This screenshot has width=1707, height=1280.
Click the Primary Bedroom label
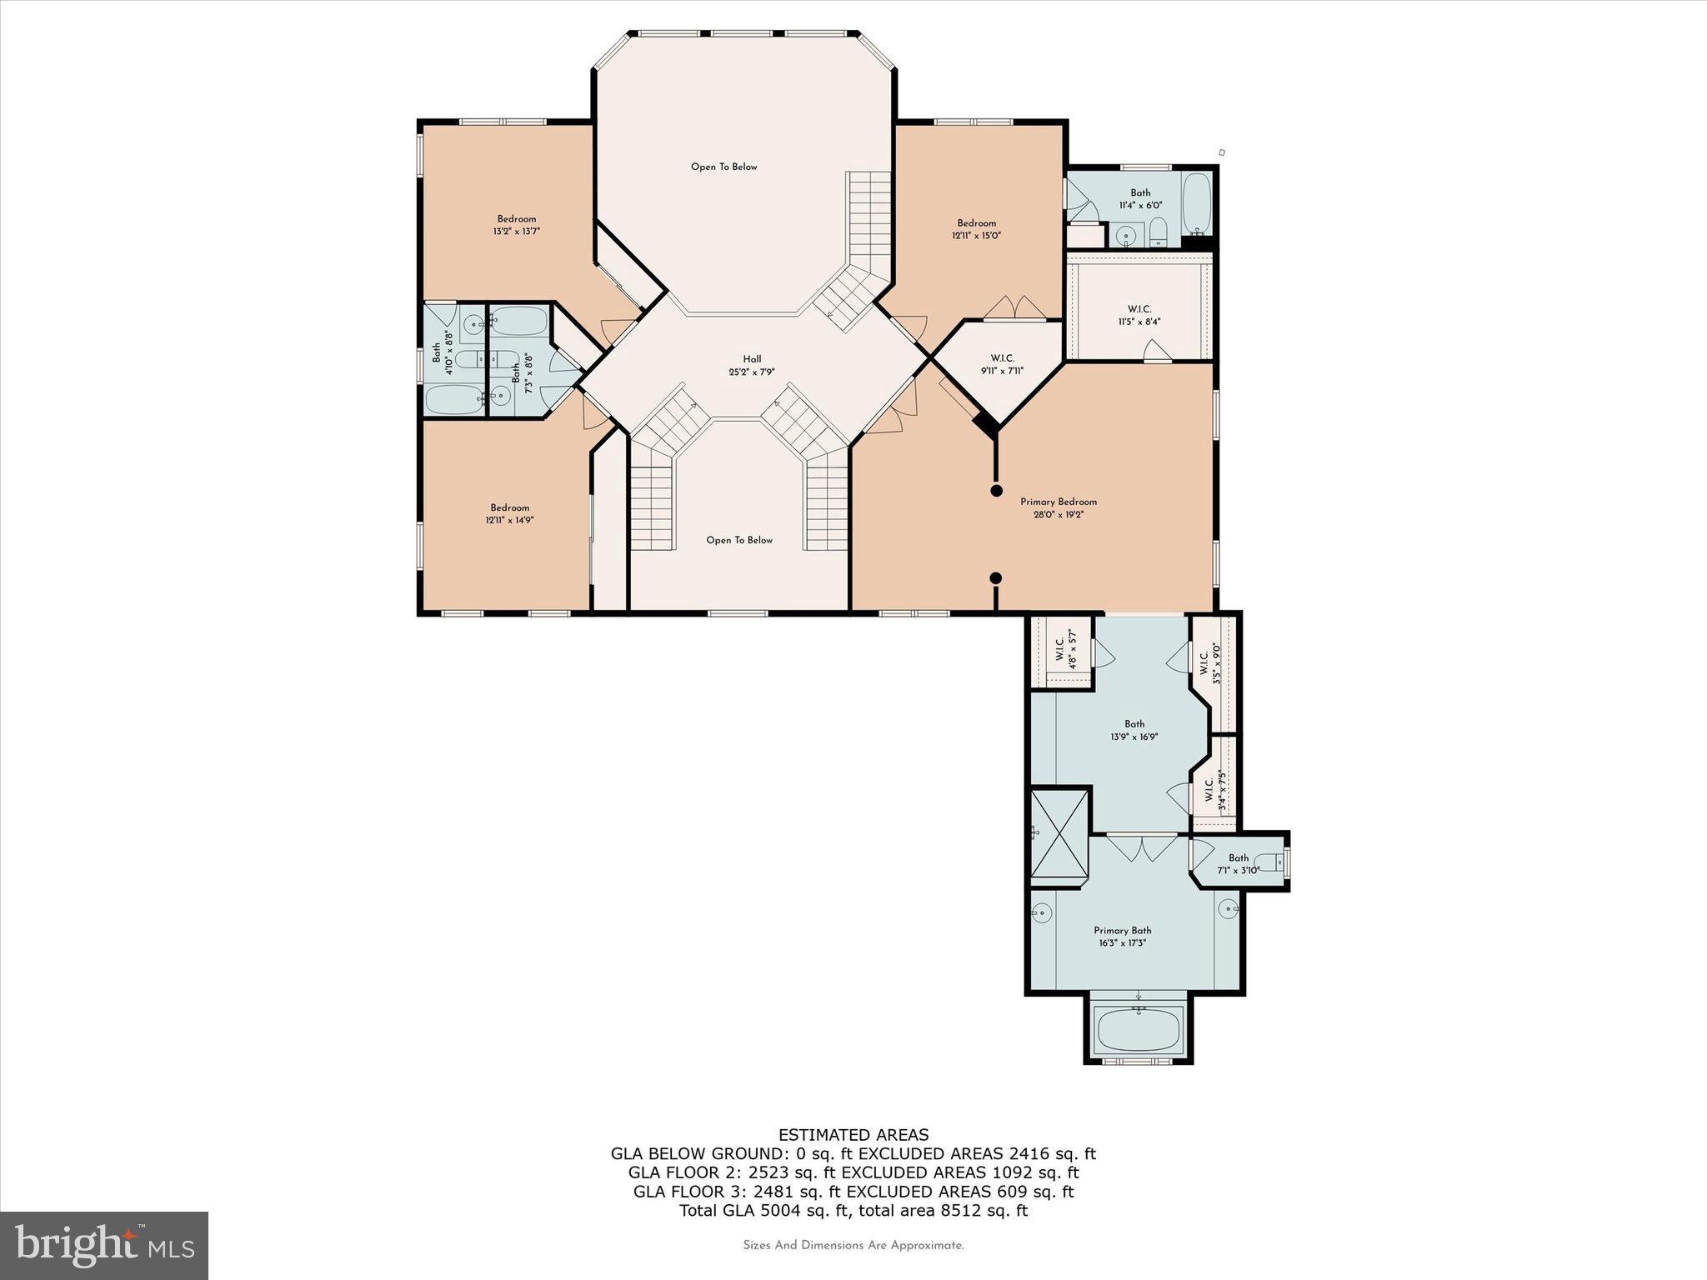click(x=1059, y=502)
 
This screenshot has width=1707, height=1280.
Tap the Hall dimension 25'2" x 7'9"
click(x=752, y=372)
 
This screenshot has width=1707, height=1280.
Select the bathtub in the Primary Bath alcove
click(x=1138, y=1030)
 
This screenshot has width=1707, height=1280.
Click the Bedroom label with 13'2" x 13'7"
click(x=517, y=225)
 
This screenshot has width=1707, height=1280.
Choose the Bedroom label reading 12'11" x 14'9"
click(x=509, y=513)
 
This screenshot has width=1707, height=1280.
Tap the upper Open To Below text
click(x=723, y=167)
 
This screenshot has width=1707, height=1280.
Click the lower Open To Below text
click(x=739, y=540)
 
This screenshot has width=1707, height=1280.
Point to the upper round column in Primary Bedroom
click(x=995, y=491)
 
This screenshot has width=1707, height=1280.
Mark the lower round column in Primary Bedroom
click(x=995, y=577)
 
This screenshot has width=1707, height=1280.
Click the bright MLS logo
click(x=104, y=1245)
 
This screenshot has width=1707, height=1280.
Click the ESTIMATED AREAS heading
click(x=853, y=1134)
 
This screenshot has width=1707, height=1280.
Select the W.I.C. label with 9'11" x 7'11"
click(x=1002, y=364)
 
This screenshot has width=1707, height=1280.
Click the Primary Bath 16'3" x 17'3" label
click(x=1122, y=937)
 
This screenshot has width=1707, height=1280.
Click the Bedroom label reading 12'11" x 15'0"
click(x=976, y=229)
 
